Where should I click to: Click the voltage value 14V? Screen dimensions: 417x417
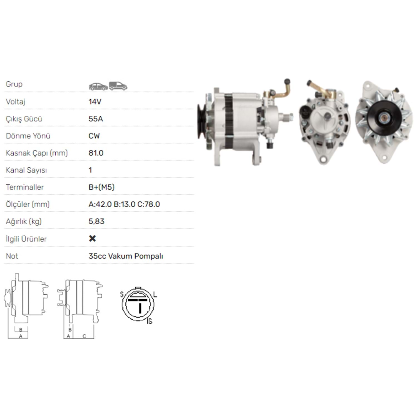click(x=95, y=102)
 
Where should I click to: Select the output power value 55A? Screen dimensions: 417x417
click(x=96, y=119)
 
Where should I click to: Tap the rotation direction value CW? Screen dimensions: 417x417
click(x=94, y=136)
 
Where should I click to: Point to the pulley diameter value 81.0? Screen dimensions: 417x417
click(x=96, y=153)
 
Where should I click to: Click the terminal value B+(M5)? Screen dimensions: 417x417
click(x=101, y=187)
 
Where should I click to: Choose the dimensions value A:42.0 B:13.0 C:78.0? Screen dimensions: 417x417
click(x=124, y=204)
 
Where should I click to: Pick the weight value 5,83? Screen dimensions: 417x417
click(x=96, y=222)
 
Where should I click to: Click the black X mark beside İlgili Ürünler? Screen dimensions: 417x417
click(x=92, y=238)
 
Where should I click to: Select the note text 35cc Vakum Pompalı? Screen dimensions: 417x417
click(x=126, y=256)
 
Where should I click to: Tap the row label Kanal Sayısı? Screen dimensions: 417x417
click(x=26, y=170)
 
